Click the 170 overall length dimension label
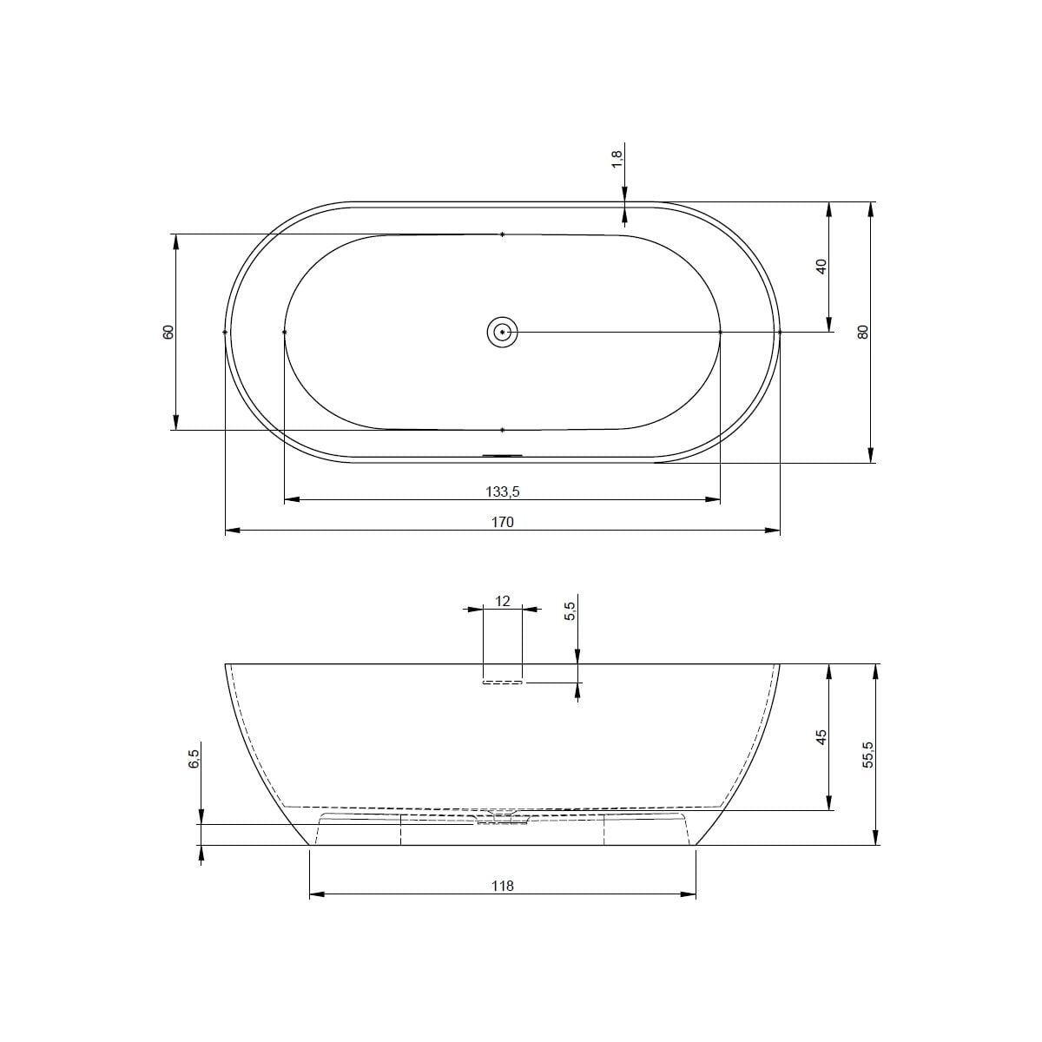503,523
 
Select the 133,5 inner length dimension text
503,491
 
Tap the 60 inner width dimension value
168,332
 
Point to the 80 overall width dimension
863,332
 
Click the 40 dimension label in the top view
821,267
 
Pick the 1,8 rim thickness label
617,160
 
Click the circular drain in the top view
503,332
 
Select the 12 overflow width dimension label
503,601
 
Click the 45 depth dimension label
821,737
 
